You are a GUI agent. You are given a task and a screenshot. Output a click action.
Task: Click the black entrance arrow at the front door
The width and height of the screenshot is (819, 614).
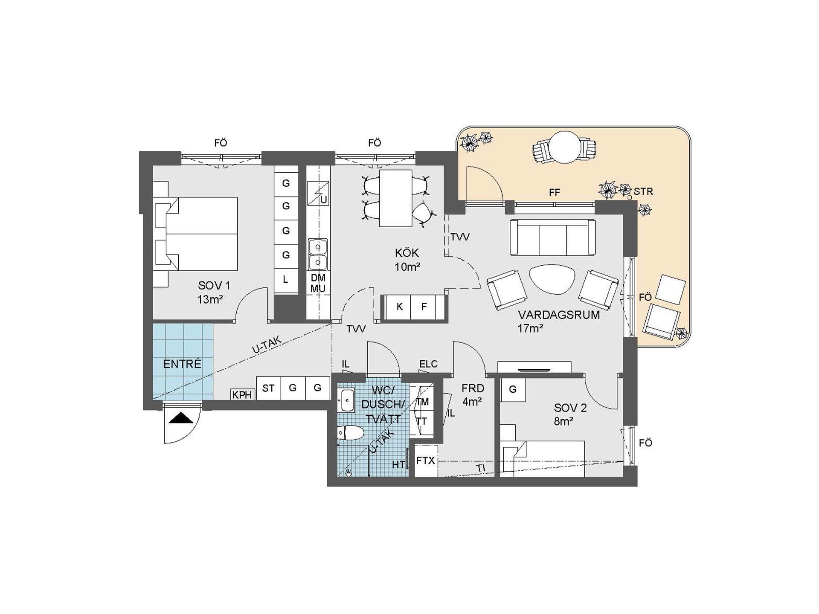181,418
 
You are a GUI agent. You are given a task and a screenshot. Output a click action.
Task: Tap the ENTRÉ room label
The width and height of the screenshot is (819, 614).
182,364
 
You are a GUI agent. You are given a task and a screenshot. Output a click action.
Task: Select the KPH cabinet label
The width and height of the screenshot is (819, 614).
242,395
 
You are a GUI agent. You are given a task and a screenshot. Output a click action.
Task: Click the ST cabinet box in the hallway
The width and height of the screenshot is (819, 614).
268,388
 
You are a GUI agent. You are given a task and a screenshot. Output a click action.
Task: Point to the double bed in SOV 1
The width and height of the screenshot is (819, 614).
200,234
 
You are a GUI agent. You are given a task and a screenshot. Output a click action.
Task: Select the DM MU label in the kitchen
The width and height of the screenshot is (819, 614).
318,283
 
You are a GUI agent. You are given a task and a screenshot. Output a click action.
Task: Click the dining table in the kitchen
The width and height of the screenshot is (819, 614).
395,198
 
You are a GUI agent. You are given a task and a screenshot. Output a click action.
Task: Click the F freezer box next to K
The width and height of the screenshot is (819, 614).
424,307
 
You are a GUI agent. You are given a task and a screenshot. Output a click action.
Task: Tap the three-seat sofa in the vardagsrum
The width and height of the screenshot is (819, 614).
552,237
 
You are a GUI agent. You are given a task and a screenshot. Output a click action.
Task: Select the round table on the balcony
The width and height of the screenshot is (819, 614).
564,147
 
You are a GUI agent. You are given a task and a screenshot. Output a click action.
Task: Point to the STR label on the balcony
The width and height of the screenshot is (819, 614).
643,191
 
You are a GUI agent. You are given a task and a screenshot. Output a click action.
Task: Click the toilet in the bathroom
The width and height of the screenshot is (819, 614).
351,433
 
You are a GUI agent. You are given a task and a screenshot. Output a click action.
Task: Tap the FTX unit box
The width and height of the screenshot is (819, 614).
426,460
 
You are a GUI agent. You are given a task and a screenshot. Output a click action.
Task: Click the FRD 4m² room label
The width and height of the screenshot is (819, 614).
473,395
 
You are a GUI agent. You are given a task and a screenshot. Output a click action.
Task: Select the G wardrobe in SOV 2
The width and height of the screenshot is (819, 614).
513,389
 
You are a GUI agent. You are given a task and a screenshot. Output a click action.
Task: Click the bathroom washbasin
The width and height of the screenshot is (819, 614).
346,400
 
